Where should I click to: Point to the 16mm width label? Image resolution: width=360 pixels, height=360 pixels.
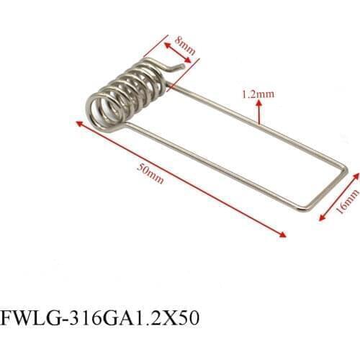coord(351,204)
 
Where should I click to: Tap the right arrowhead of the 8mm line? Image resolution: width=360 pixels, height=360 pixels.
coord(189,63)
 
